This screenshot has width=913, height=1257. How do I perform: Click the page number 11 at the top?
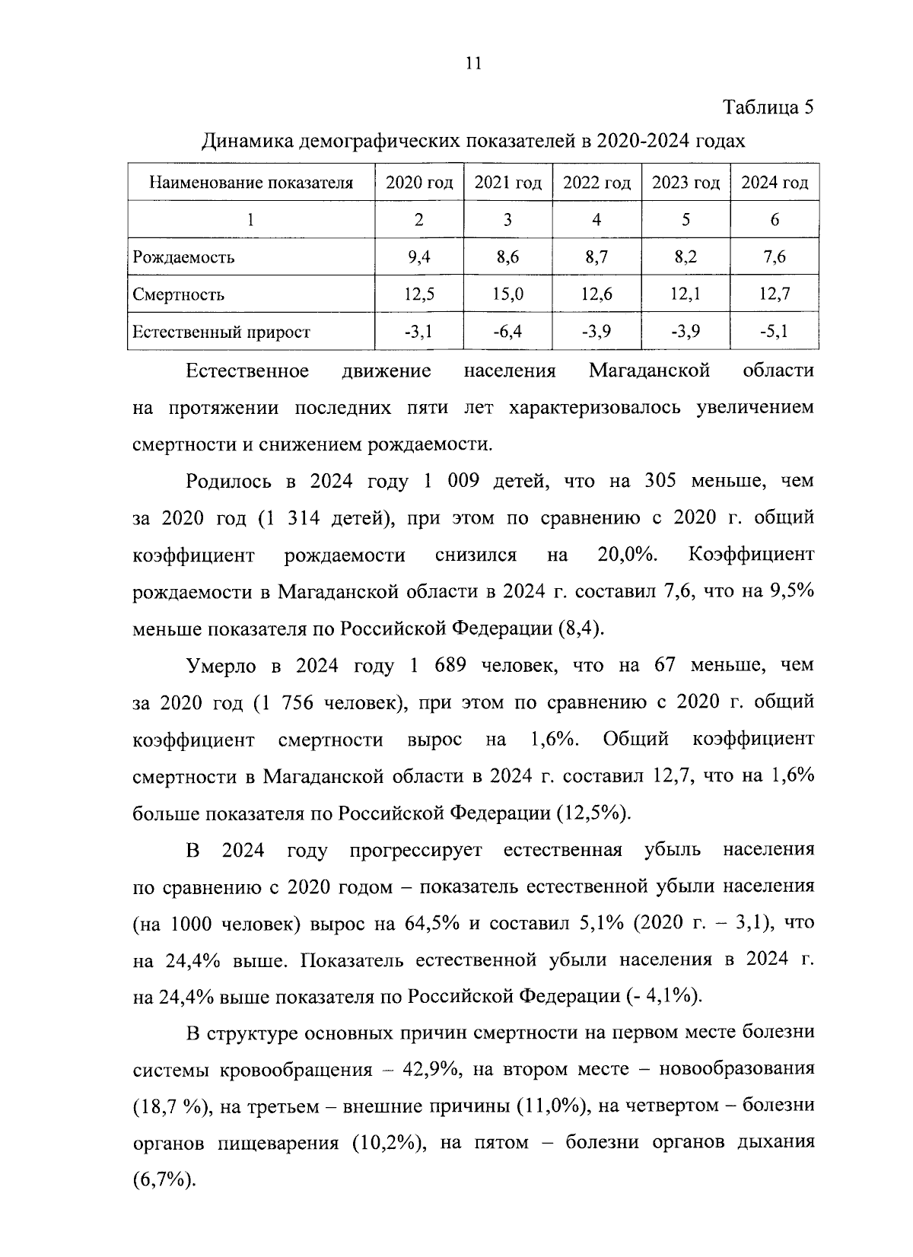coord(472,64)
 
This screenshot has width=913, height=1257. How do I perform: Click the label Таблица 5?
coord(768,107)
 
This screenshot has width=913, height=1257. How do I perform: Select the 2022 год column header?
coord(596,183)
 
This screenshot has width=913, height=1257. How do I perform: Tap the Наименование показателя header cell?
coord(251,183)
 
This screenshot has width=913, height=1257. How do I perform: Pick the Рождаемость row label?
coord(183,257)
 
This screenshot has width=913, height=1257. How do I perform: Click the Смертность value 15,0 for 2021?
coord(507,294)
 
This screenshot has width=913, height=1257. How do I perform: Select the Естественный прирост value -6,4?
coord(507,331)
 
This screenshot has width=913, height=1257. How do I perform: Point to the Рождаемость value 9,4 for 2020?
coord(419,257)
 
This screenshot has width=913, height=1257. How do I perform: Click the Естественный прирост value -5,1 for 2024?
coord(774,331)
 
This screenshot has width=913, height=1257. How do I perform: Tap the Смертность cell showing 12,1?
coord(686,294)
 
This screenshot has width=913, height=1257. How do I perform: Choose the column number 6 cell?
coord(774,220)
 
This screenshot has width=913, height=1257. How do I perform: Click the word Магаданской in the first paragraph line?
coord(649,371)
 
